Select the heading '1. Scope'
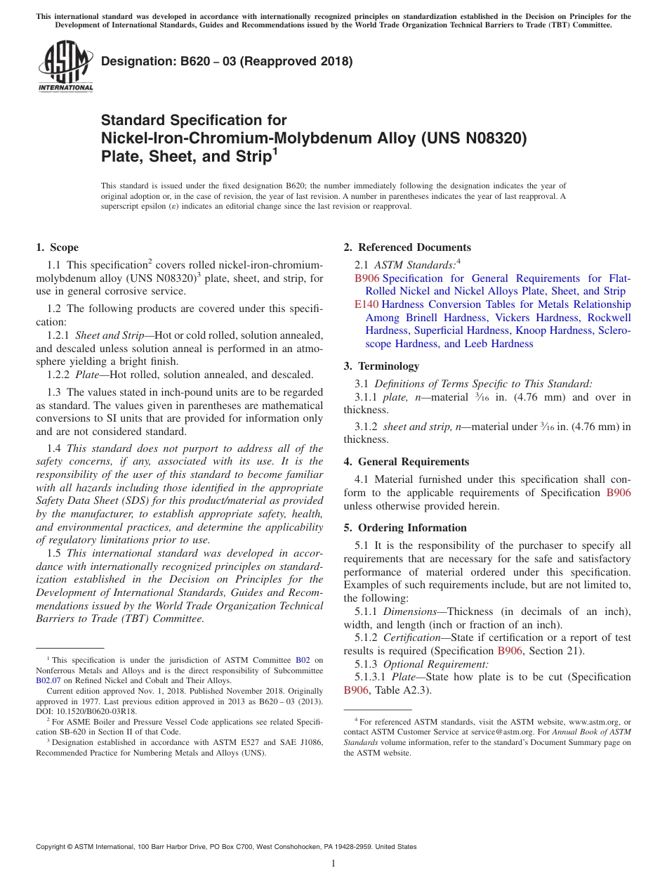coord(58,247)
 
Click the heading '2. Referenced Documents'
coord(407,247)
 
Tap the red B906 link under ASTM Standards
coord(366,278)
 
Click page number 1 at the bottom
coord(333,863)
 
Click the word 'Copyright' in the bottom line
coord(53,847)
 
